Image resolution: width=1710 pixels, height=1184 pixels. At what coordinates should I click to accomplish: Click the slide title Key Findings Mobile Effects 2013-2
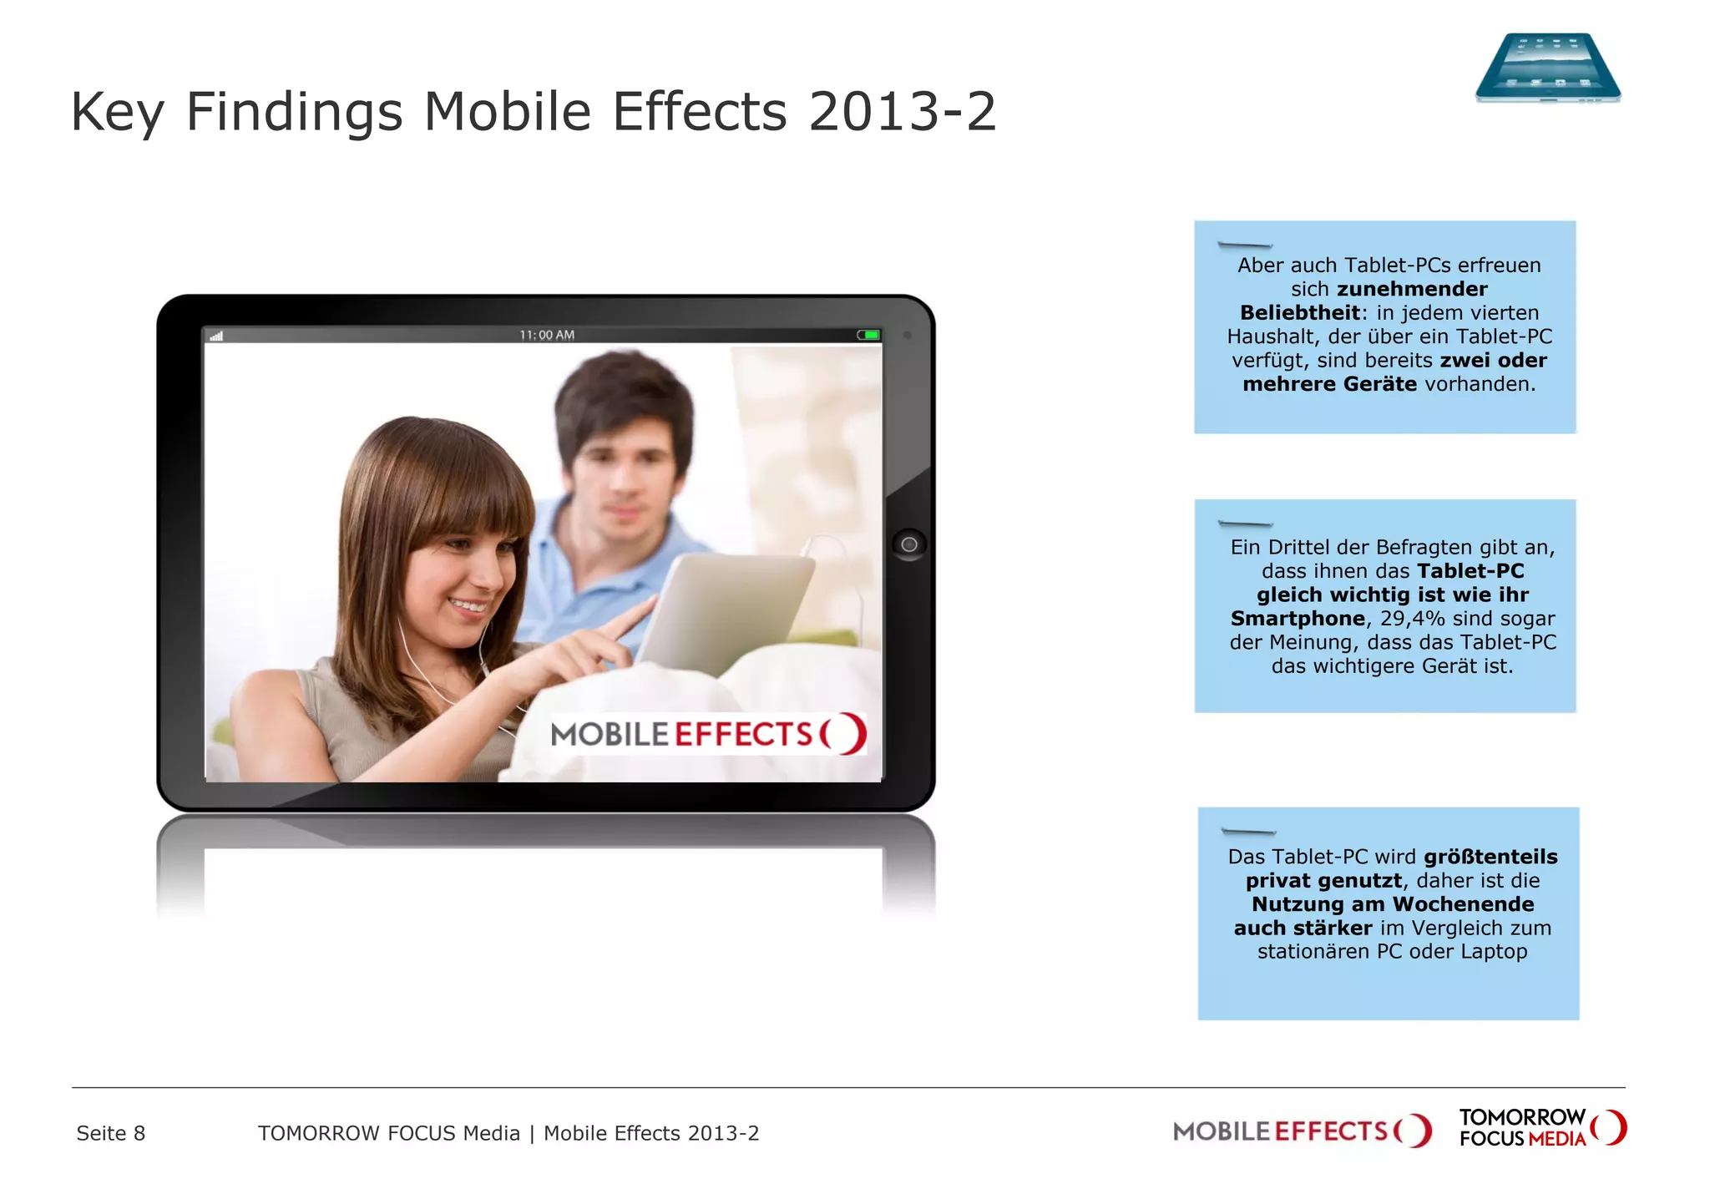pyautogui.click(x=534, y=111)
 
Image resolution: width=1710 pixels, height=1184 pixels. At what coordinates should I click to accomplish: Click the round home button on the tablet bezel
pyautogui.click(x=908, y=544)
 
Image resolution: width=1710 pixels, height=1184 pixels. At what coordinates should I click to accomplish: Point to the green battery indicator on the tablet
pyautogui.click(x=868, y=335)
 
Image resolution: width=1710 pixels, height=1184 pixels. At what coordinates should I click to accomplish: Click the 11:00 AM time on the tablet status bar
pyautogui.click(x=547, y=335)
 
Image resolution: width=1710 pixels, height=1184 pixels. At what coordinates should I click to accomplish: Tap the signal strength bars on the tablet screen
pyautogui.click(x=216, y=336)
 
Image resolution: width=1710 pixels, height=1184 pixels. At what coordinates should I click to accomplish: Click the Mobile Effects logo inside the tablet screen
pyautogui.click(x=708, y=734)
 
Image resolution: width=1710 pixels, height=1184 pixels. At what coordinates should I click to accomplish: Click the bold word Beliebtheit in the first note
pyautogui.click(x=1300, y=313)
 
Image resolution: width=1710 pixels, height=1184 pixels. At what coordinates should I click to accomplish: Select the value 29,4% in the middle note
pyautogui.click(x=1412, y=619)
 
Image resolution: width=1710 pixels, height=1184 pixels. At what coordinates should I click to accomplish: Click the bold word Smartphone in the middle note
pyautogui.click(x=1298, y=619)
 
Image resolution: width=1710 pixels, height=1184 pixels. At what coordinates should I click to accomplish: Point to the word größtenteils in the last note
pyautogui.click(x=1490, y=857)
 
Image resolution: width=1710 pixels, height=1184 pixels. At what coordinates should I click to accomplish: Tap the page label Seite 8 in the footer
pyautogui.click(x=111, y=1133)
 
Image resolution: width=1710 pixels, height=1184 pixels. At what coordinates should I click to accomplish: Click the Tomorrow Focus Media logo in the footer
pyautogui.click(x=1542, y=1128)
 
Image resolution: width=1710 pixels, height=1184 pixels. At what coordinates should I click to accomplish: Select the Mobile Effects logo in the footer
pyautogui.click(x=1302, y=1131)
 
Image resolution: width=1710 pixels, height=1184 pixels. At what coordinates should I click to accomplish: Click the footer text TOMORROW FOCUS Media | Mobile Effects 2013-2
pyautogui.click(x=508, y=1133)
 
